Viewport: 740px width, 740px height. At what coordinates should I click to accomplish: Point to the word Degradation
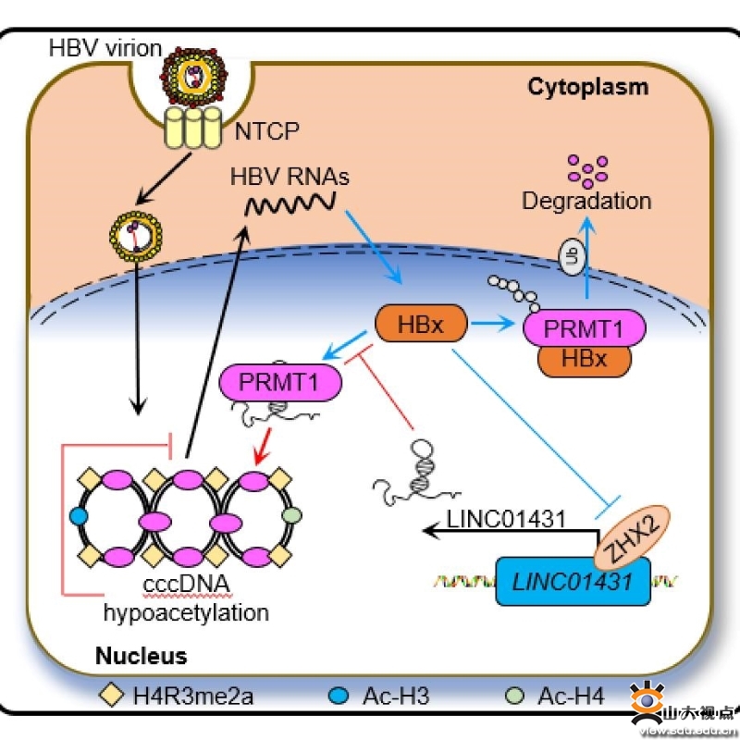[586, 200]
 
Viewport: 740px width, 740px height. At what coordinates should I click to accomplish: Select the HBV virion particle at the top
[191, 77]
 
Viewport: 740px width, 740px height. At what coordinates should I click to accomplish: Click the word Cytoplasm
[587, 88]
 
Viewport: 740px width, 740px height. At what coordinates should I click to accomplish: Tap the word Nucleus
[141, 657]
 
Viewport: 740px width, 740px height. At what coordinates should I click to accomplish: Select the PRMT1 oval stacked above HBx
[584, 328]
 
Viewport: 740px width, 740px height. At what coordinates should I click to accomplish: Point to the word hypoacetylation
[186, 612]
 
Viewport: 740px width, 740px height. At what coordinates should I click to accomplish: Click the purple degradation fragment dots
[586, 167]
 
